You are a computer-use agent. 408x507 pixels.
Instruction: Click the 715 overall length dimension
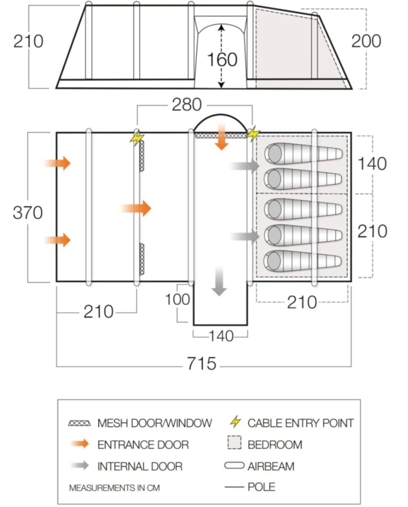coord(202,363)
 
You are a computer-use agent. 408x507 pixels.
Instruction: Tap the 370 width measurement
coord(28,212)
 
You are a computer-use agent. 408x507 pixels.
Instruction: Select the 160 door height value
coord(222,60)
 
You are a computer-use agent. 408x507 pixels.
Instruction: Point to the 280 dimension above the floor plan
coord(186,105)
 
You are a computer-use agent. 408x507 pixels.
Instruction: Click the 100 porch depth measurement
coord(178,299)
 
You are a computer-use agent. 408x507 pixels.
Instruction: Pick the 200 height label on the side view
coord(366,41)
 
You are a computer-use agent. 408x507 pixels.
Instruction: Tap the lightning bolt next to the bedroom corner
coord(253,134)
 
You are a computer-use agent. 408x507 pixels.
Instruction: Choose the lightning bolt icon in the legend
coord(236,422)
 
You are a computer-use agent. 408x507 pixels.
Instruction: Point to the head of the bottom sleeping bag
coord(275,260)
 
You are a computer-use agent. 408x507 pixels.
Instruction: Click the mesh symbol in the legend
coord(79,422)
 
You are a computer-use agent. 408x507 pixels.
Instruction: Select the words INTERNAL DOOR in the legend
coord(140,466)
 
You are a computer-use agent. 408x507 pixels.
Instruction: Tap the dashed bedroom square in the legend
coord(234,444)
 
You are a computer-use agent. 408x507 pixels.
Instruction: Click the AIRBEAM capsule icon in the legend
coord(235,466)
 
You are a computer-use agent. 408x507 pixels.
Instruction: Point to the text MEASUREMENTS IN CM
coord(114,488)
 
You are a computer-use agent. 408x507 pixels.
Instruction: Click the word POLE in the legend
coord(261,487)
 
